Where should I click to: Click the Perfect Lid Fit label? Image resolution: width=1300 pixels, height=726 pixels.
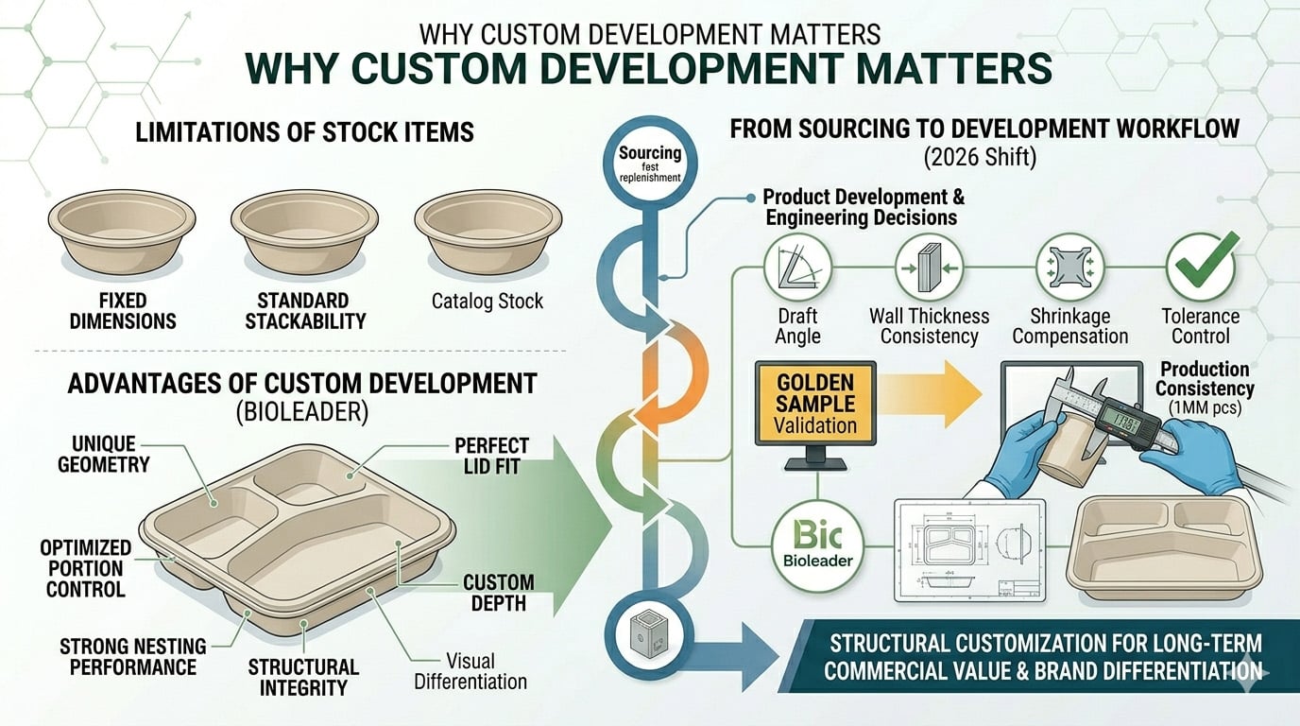coord(492,455)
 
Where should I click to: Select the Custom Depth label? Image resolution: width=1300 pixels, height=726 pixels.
coord(499,593)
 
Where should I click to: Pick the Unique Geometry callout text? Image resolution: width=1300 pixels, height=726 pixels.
coord(103,454)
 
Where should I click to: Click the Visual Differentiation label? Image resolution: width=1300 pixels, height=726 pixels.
coord(471,670)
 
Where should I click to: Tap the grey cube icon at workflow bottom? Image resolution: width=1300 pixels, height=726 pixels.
coord(651,644)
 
